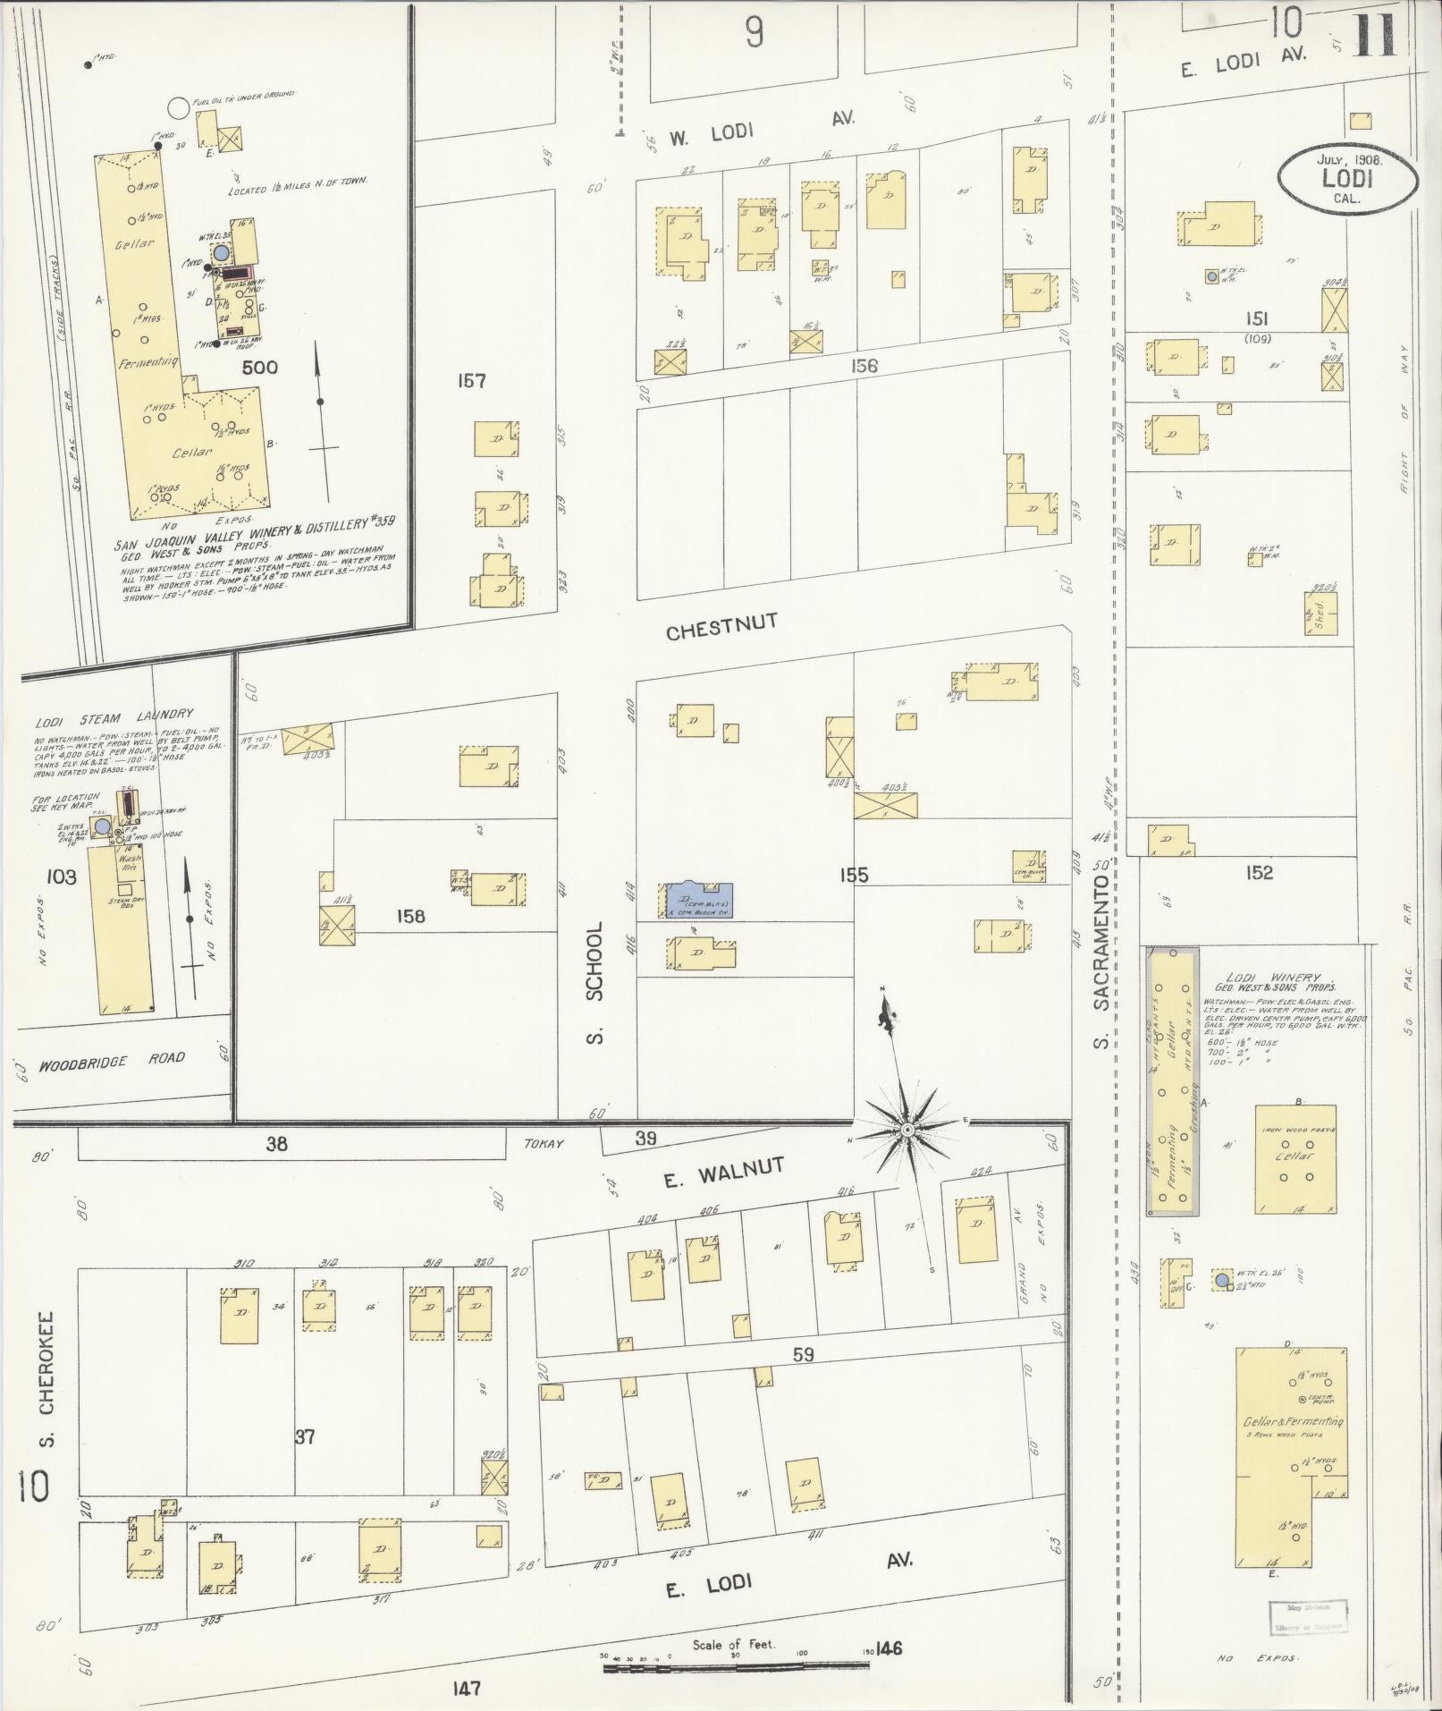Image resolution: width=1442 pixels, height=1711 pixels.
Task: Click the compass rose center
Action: pos(907,1131)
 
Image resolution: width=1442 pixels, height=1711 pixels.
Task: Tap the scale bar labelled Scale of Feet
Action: pos(736,1667)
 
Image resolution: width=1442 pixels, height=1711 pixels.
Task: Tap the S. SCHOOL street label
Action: pos(596,982)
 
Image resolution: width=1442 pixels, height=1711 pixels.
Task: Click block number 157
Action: pos(470,382)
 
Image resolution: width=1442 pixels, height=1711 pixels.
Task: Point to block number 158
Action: pos(412,916)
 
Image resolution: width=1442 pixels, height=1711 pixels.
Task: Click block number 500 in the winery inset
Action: pos(259,367)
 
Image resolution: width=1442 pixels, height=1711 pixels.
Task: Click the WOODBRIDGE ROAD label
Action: pos(112,1062)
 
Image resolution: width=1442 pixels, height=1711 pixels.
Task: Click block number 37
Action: pos(304,1436)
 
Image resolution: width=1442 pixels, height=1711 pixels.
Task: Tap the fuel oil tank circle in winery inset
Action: pos(178,107)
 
